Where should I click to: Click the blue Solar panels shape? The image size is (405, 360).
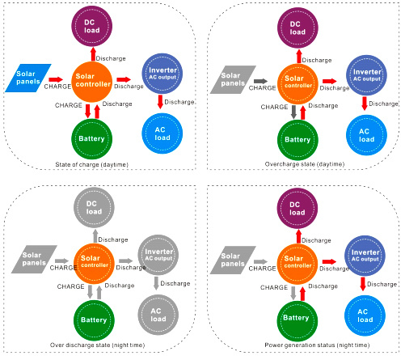click(28, 78)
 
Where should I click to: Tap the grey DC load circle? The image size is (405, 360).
click(94, 208)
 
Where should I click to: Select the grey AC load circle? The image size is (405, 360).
click(158, 315)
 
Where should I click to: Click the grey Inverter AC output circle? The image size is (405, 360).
click(158, 255)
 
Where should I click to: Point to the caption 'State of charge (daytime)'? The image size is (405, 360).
click(91, 164)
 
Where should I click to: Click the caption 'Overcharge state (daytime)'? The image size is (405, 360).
click(305, 164)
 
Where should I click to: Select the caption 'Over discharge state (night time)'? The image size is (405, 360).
click(97, 345)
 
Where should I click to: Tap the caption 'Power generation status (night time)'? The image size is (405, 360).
click(317, 345)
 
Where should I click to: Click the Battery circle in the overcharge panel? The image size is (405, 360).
click(297, 140)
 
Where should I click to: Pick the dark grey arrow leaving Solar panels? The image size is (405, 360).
click(260, 81)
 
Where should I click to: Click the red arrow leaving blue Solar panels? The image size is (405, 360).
click(56, 79)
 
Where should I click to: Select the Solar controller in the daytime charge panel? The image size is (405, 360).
click(92, 82)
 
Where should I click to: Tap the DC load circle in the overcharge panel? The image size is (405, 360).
click(297, 28)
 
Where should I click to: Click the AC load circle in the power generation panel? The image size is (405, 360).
click(365, 316)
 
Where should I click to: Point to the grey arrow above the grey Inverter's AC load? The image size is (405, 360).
click(156, 283)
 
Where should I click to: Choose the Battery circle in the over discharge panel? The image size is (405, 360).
click(94, 320)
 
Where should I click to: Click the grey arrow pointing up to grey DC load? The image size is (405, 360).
click(95, 236)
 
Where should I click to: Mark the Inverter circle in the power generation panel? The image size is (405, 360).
click(365, 256)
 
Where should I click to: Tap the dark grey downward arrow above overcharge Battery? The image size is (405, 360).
click(293, 112)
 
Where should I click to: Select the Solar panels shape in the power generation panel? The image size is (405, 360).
click(233, 260)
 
